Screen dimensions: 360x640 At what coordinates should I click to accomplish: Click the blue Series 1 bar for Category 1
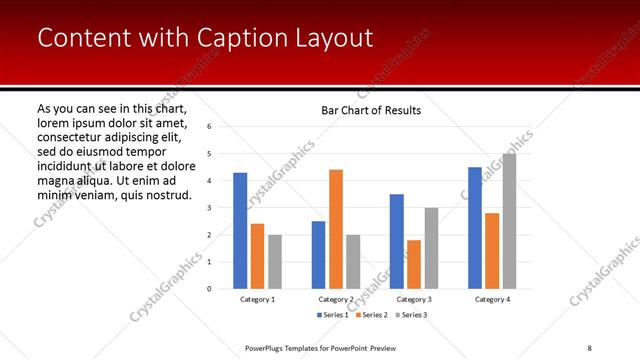[240, 231]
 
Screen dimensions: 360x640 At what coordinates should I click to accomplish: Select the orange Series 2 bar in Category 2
[336, 229]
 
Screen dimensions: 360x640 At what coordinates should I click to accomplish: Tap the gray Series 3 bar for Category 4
[509, 221]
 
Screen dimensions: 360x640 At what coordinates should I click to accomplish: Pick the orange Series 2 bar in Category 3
[414, 264]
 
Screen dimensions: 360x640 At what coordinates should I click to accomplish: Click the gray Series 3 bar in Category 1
[275, 262]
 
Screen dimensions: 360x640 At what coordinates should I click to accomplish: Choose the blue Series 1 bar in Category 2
[318, 255]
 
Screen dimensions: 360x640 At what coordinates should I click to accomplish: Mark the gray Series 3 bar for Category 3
[431, 248]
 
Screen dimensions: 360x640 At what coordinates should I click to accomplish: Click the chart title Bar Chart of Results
[370, 110]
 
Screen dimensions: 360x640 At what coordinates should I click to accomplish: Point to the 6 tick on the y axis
[210, 127]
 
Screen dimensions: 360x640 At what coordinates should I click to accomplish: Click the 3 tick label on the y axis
[210, 208]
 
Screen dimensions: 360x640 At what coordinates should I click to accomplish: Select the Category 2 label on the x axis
[336, 299]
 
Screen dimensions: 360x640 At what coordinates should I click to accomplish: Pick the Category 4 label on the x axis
[491, 299]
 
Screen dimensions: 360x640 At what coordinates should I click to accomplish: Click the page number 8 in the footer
[589, 348]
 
